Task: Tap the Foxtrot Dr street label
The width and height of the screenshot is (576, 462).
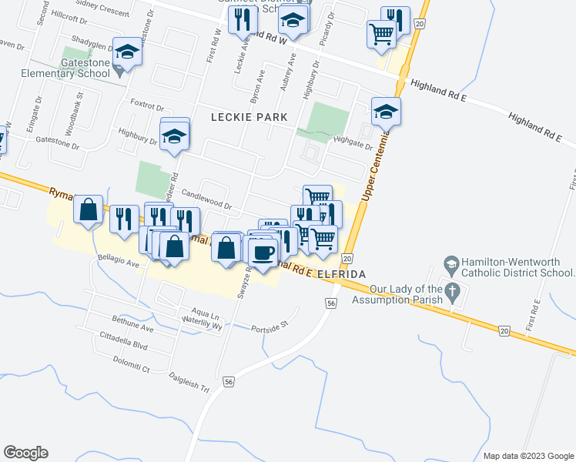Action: [x=148, y=105]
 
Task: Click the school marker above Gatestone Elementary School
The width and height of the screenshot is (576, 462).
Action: [x=127, y=52]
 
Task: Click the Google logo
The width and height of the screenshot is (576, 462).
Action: [x=25, y=453]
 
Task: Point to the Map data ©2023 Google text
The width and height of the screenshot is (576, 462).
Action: [x=527, y=456]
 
